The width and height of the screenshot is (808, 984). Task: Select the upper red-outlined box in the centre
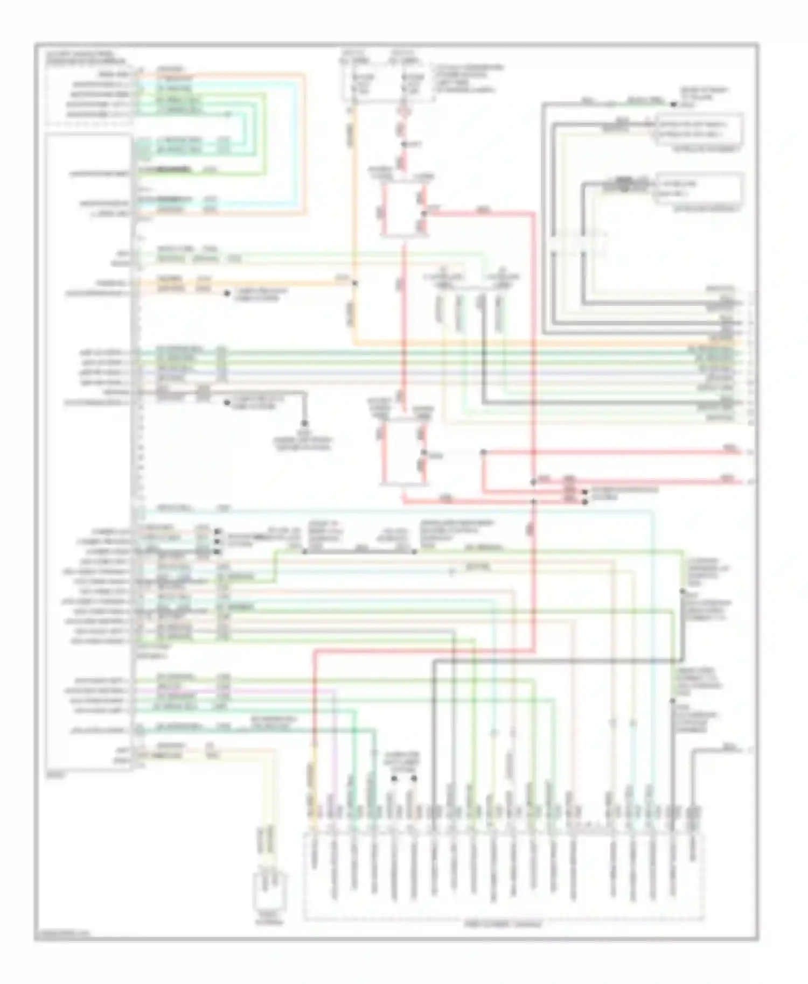click(x=404, y=211)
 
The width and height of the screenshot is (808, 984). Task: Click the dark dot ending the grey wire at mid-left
click(x=304, y=424)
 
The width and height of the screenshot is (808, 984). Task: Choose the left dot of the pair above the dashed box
click(x=394, y=779)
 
